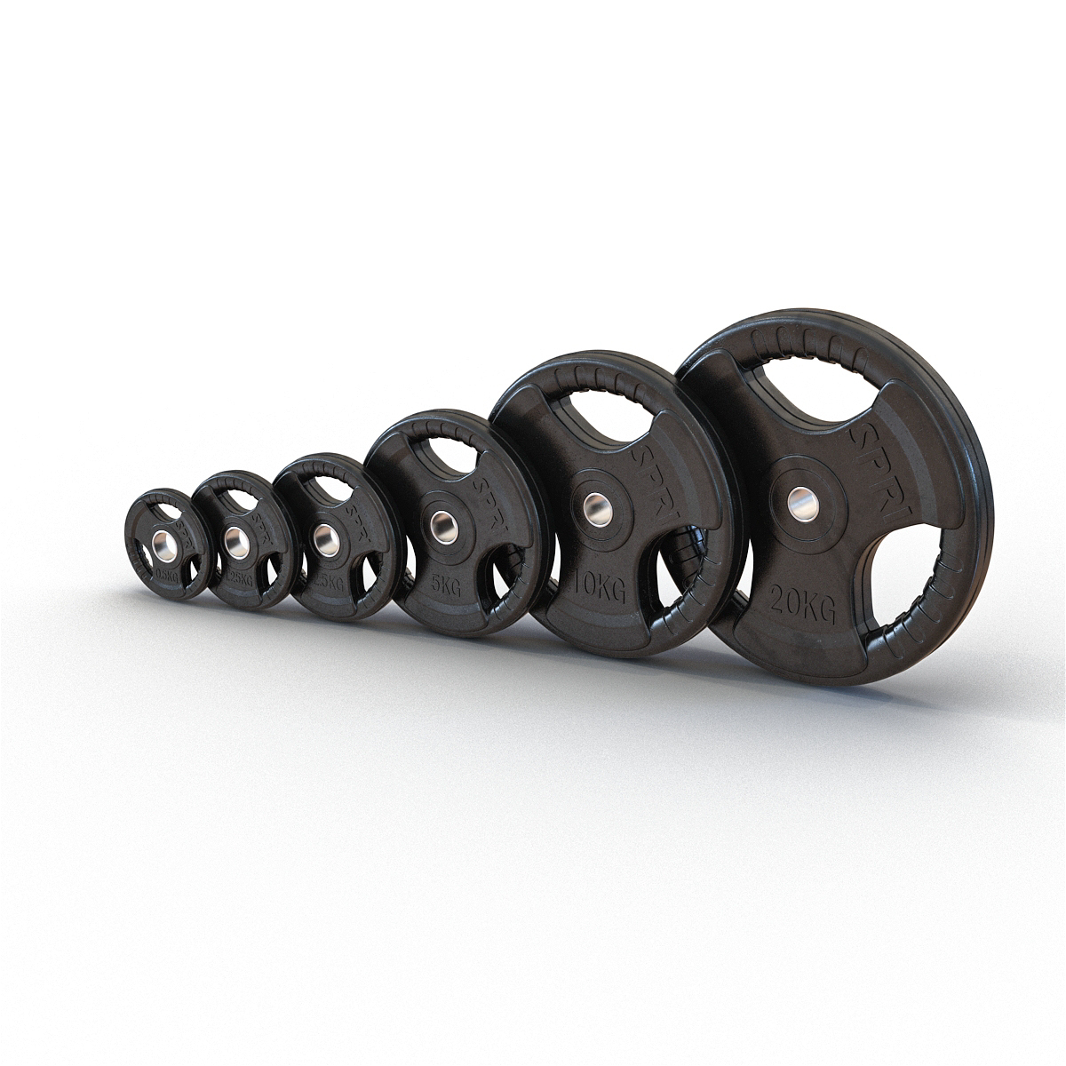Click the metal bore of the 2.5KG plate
click(x=322, y=535)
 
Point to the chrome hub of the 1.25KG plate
click(x=234, y=538)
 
